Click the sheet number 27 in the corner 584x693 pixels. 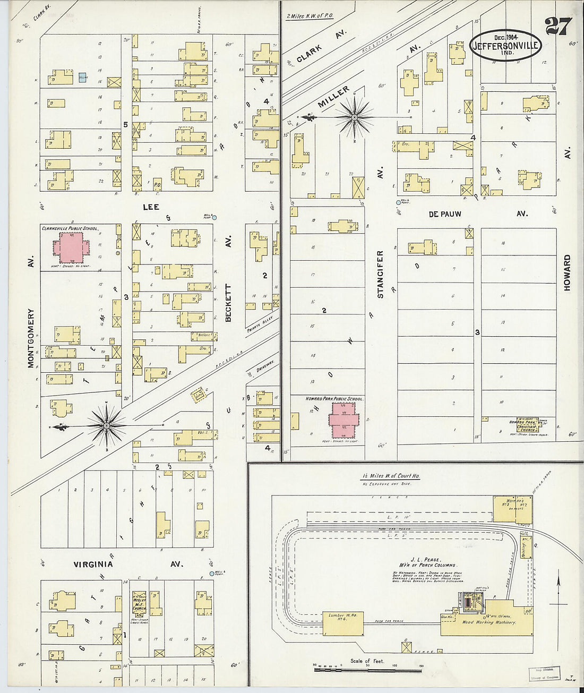point(558,26)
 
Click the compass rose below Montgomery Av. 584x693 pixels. point(106,425)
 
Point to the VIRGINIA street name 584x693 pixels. point(93,564)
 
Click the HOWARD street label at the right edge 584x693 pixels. point(567,272)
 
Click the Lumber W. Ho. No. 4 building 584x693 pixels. point(343,623)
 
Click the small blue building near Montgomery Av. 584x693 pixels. point(83,78)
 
